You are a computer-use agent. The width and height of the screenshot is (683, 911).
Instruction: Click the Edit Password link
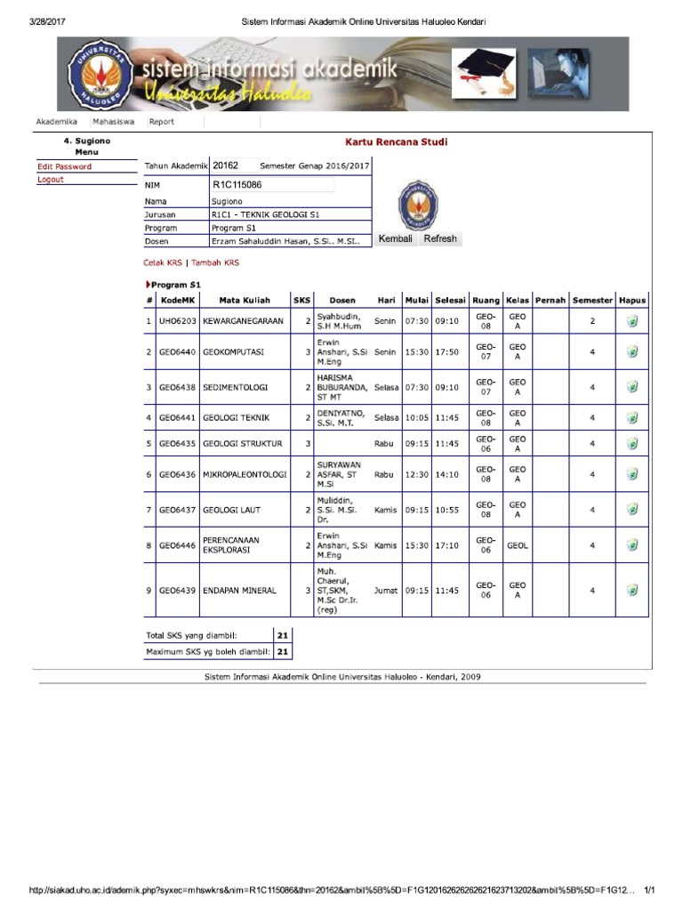[64, 166]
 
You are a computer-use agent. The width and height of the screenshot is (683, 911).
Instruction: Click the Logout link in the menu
[51, 180]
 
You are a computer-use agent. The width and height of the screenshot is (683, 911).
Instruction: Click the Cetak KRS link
[162, 262]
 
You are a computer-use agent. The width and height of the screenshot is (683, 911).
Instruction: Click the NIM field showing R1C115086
[272, 185]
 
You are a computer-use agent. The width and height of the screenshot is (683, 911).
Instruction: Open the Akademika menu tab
[56, 122]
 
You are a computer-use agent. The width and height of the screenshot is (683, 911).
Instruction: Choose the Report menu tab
[162, 122]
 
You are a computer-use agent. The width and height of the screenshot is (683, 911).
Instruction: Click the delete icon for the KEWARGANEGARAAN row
[632, 321]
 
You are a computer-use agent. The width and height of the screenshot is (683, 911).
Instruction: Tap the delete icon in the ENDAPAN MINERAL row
[632, 590]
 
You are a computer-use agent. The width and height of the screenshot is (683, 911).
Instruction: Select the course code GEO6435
[177, 443]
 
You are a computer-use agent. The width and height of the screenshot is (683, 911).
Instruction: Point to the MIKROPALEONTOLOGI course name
[245, 475]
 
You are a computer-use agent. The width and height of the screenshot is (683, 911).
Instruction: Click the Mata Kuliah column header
[245, 301]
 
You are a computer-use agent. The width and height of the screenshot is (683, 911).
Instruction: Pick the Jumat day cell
[385, 590]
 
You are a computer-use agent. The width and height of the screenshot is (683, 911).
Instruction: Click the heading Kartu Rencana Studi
[397, 141]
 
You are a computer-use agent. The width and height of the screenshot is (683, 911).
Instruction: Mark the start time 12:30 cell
[416, 475]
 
